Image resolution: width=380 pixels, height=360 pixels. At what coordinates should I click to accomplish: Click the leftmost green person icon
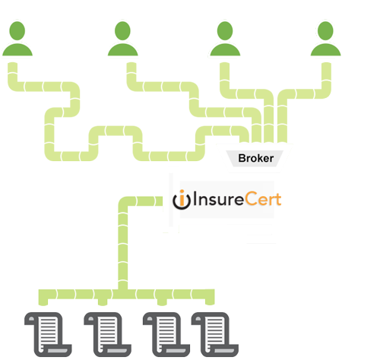tap(17, 39)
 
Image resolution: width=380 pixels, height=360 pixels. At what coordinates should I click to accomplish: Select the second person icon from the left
tap(123, 39)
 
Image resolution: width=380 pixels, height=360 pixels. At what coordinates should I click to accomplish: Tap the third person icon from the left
tap(225, 39)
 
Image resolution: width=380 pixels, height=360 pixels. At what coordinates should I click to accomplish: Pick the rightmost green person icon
tap(325, 39)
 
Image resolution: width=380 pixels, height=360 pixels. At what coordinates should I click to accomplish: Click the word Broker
tap(256, 159)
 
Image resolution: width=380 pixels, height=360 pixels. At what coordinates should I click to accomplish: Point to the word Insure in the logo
tap(218, 199)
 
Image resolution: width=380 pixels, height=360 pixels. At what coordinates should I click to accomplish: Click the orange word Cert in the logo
tap(263, 199)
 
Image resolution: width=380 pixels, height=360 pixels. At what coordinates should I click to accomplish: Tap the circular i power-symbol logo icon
tap(182, 200)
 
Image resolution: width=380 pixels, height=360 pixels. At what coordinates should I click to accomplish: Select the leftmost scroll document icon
tap(48, 334)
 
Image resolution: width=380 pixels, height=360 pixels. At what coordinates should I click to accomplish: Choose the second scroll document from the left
tap(108, 334)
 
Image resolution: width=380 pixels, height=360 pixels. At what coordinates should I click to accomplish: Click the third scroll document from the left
tap(166, 334)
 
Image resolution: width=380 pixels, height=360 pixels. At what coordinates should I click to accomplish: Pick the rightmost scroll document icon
tap(215, 334)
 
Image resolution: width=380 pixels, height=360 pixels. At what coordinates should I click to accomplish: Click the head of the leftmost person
tap(17, 30)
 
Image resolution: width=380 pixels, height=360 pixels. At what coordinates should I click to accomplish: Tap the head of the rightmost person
tap(325, 30)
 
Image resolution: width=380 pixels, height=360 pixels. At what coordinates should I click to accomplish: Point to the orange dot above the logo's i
tap(182, 192)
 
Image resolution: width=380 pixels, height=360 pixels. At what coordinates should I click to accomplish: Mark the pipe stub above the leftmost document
tap(43, 302)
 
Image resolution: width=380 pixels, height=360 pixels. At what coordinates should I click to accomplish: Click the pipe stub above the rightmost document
tap(210, 302)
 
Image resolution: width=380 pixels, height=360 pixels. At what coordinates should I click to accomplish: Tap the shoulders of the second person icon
tap(123, 50)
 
